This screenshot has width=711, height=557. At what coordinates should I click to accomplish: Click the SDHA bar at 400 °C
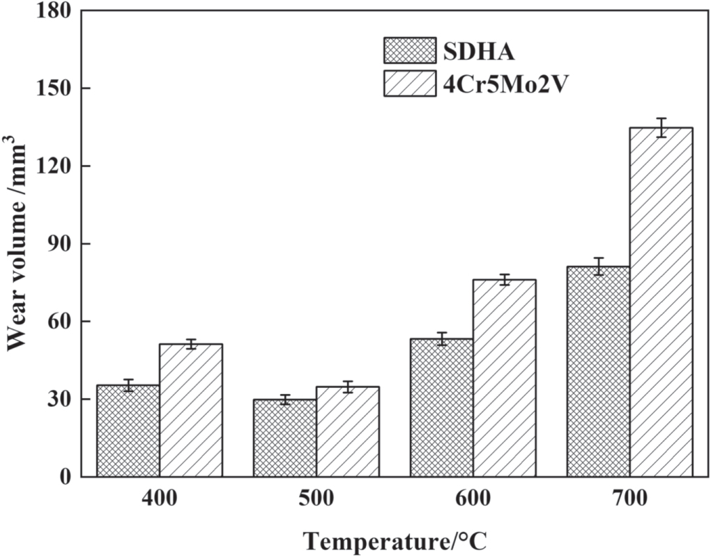(128, 431)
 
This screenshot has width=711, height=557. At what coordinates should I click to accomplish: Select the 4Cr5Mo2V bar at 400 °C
(191, 411)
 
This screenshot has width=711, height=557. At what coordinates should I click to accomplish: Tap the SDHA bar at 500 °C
(285, 438)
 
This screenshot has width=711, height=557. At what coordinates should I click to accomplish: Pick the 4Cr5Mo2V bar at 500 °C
(348, 432)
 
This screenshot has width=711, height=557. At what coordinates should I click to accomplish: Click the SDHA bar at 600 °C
(442, 408)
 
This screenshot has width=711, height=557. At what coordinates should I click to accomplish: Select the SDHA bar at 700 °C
(599, 372)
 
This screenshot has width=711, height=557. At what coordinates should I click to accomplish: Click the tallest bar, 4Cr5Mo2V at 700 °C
(662, 302)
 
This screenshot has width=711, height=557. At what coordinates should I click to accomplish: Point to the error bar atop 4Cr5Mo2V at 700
(662, 127)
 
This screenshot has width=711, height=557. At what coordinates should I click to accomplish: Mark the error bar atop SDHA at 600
(442, 338)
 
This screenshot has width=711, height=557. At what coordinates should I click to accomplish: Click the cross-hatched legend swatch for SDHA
(409, 50)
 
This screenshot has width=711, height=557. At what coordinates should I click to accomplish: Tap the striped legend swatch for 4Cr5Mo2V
(409, 82)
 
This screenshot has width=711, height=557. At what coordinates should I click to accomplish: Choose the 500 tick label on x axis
(316, 499)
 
